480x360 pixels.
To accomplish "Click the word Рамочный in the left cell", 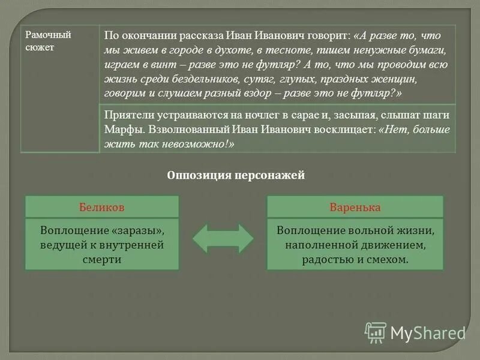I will pyautogui.click(x=48, y=35).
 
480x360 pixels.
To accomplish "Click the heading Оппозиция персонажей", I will pyautogui.click(x=236, y=175).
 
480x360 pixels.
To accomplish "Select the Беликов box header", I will pyautogui.click(x=101, y=208).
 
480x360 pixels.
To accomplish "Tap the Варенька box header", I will pyautogui.click(x=355, y=208).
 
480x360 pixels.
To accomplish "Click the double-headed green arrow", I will pyautogui.click(x=223, y=238).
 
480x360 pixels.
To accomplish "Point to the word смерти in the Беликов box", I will pyautogui.click(x=102, y=259).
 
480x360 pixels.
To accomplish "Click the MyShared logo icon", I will pyautogui.click(x=376, y=332).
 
